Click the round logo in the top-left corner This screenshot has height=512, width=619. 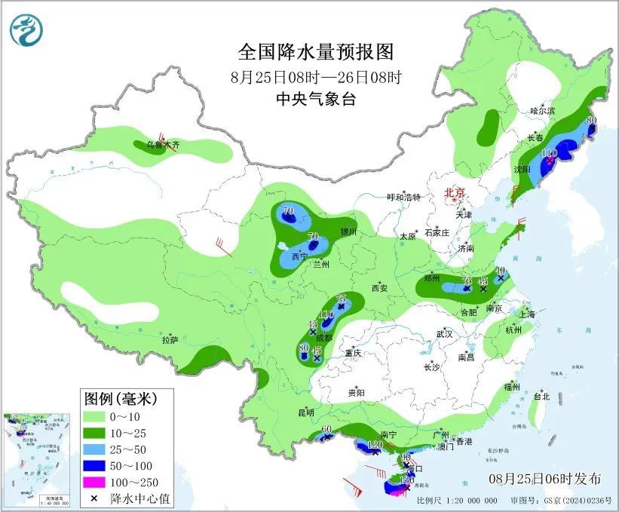[x=26, y=29]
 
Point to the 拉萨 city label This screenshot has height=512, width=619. [x=170, y=340]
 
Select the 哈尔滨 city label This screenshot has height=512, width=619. [x=542, y=110]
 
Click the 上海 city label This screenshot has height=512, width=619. [x=528, y=313]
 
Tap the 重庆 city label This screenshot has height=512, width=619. [x=354, y=353]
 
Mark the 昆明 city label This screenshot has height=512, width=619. [x=305, y=412]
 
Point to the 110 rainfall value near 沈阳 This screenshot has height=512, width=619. [x=549, y=152]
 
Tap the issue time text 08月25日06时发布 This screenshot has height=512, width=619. [x=545, y=478]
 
